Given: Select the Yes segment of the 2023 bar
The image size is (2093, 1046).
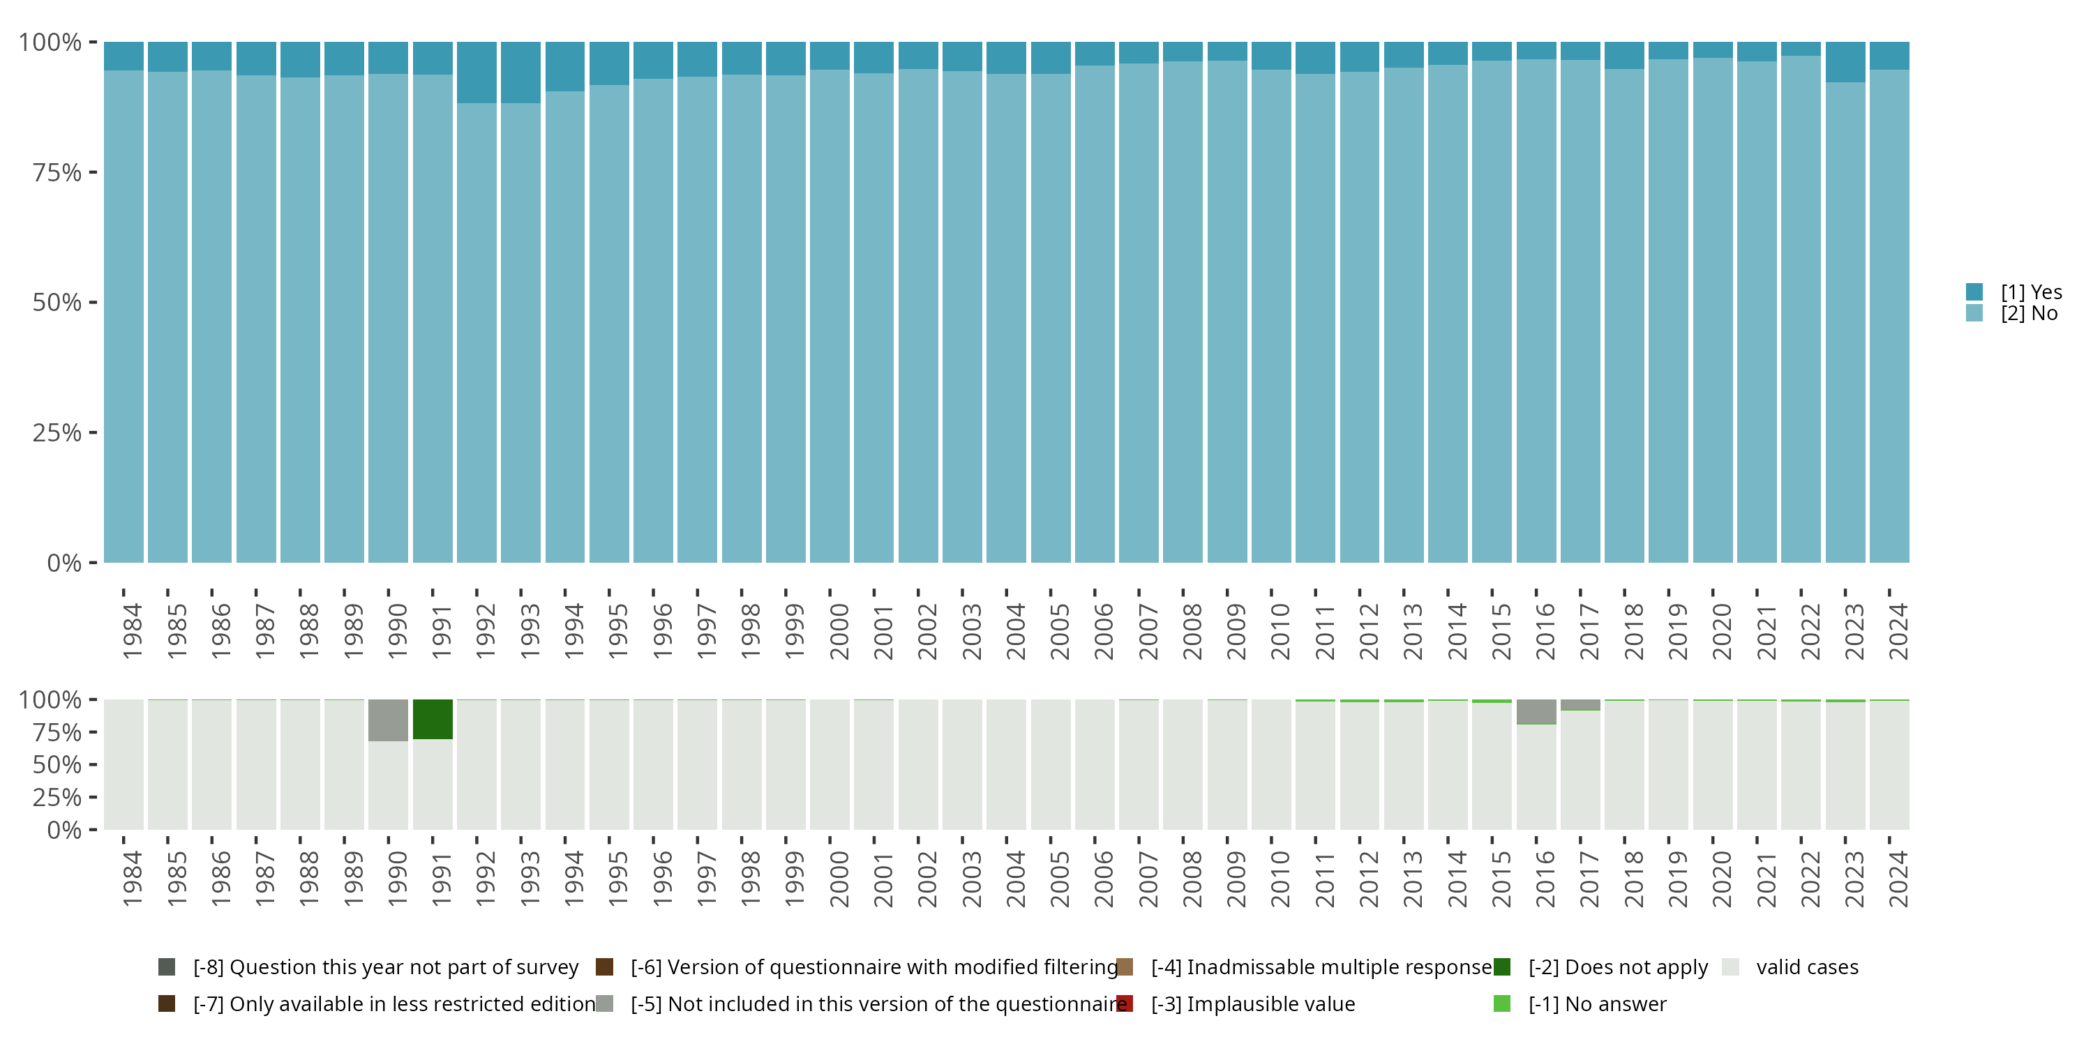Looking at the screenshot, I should (1845, 62).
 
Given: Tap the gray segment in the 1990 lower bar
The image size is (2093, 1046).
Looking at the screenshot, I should (388, 720).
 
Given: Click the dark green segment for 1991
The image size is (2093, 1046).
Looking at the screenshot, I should (433, 719).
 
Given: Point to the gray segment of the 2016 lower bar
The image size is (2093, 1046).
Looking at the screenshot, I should (1536, 711).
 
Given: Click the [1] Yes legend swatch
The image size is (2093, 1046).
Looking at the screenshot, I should (1974, 291).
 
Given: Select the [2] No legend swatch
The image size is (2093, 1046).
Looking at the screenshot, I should (1974, 314).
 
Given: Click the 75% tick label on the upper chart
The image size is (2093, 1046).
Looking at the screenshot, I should (57, 172).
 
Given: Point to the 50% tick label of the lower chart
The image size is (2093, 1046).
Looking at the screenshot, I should (57, 764).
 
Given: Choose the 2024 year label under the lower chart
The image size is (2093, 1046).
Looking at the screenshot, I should (1897, 879).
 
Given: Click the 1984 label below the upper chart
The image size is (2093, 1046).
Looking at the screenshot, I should (132, 631).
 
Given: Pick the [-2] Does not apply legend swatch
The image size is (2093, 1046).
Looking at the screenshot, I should (1501, 967).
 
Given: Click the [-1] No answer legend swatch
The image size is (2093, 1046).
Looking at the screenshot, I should (1501, 1003).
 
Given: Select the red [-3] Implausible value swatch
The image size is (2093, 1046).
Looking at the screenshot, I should (1125, 1003).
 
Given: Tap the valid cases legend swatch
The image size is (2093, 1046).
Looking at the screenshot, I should (1731, 967).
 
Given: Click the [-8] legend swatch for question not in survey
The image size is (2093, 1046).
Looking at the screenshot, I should (167, 967).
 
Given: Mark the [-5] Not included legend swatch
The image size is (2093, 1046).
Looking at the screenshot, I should (604, 1003).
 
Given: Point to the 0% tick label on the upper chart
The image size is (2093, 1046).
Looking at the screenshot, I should (63, 563).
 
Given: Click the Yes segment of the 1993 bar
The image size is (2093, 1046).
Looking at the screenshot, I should (521, 73).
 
